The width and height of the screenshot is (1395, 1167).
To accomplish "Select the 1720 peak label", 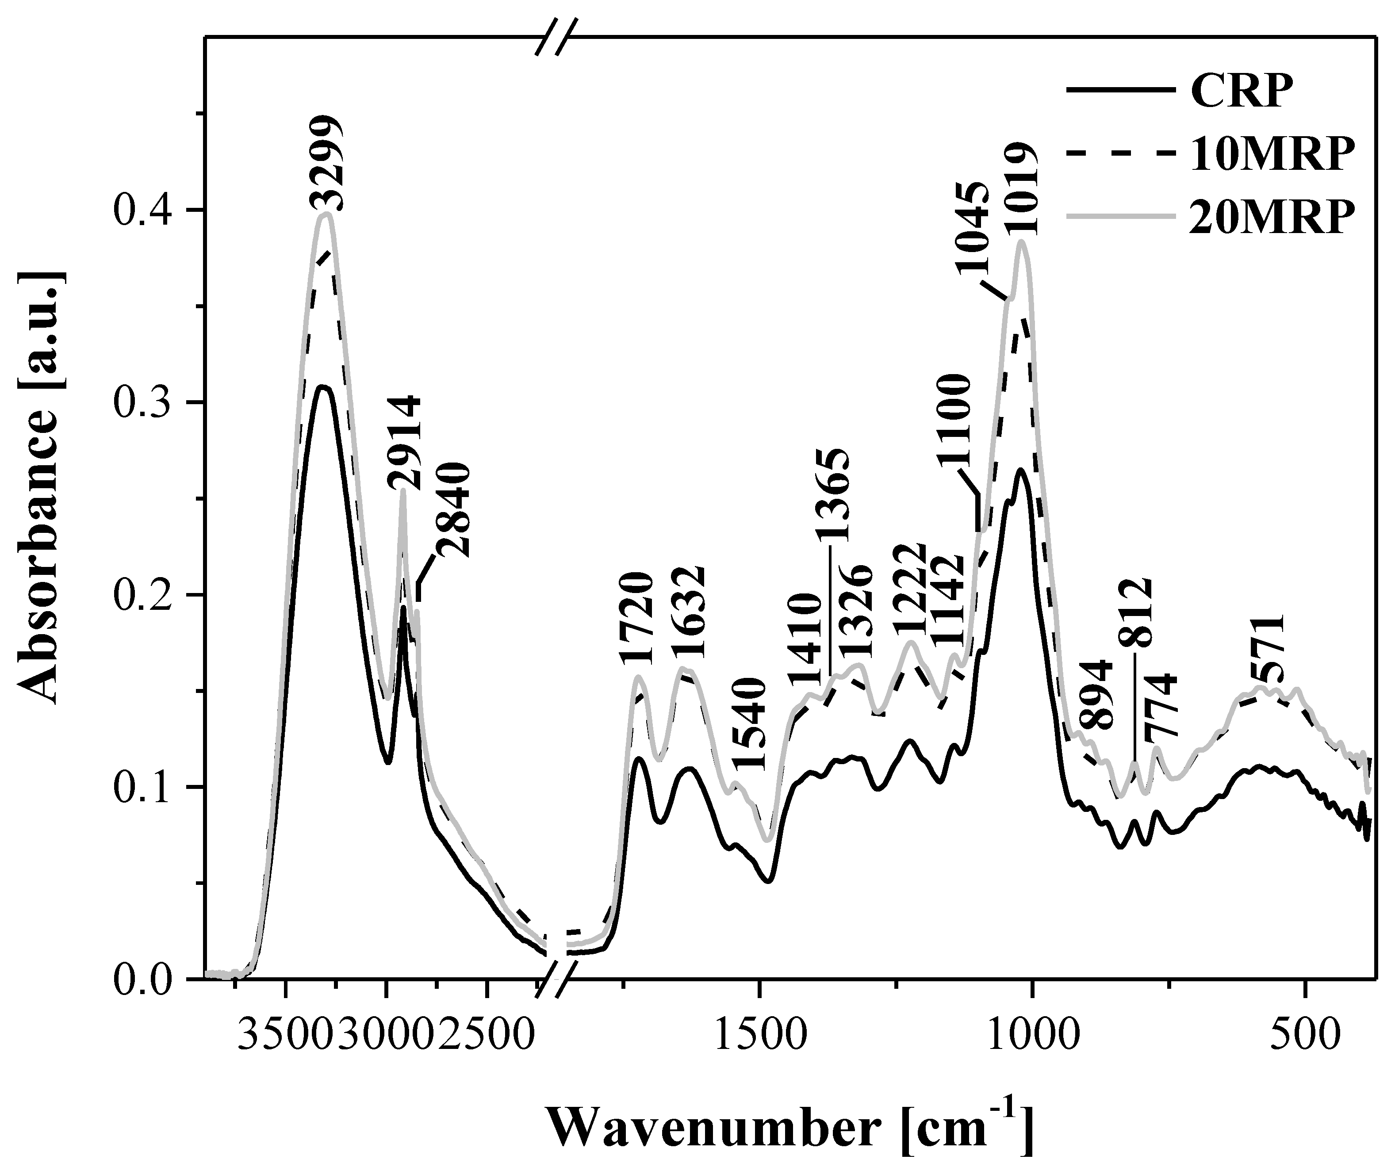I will pyautogui.click(x=638, y=618).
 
